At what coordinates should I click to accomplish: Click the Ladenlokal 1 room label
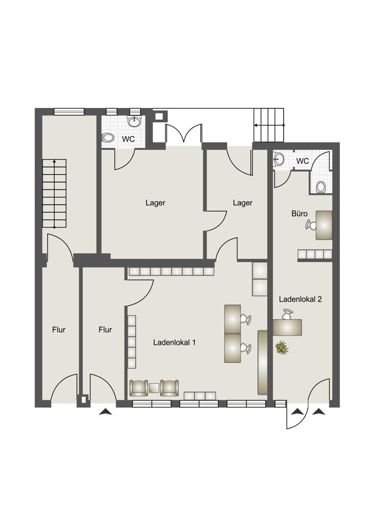(x=174, y=342)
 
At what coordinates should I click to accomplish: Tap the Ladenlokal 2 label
(x=300, y=299)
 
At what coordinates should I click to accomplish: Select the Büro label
(x=300, y=214)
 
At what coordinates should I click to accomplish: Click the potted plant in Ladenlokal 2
(x=282, y=348)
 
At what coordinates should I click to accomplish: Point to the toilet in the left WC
(x=108, y=137)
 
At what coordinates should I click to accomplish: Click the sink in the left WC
(x=135, y=121)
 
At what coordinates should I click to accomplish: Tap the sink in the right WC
(x=279, y=158)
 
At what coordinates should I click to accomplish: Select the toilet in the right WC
(x=321, y=187)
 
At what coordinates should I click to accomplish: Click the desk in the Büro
(x=324, y=225)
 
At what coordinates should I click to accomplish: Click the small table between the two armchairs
(x=154, y=388)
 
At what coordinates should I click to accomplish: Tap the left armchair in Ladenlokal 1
(x=138, y=388)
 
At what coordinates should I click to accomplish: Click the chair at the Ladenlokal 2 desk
(x=287, y=314)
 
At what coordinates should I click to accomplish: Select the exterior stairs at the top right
(x=268, y=125)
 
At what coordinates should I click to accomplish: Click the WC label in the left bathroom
(x=128, y=139)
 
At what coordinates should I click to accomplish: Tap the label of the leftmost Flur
(x=59, y=330)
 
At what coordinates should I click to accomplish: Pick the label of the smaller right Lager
(x=242, y=203)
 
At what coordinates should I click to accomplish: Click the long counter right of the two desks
(x=263, y=362)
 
